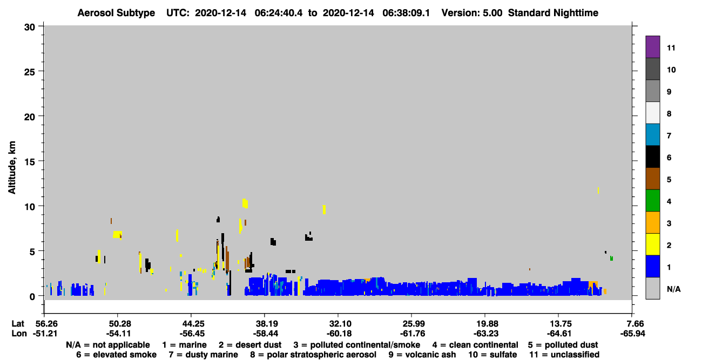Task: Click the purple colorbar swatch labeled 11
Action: (x=652, y=47)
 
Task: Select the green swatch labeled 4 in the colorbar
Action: (x=652, y=201)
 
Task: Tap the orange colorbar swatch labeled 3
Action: (x=652, y=222)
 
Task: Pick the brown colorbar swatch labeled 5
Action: (x=652, y=179)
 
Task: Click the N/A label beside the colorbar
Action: (x=673, y=289)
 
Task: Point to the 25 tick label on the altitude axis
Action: (x=30, y=72)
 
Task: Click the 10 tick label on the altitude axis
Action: (x=30, y=207)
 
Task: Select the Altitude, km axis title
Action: (x=12, y=167)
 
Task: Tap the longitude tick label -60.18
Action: (x=339, y=334)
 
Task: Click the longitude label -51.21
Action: (x=45, y=334)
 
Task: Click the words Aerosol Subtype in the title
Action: (x=116, y=13)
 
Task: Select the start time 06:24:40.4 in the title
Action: (x=279, y=13)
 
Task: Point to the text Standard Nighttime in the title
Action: (x=553, y=13)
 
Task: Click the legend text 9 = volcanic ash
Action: (x=422, y=355)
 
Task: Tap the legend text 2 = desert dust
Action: (x=250, y=345)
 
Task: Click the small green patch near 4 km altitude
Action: (x=611, y=258)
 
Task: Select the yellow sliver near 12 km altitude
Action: (x=598, y=190)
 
